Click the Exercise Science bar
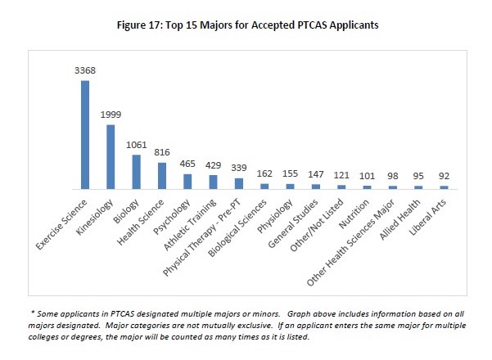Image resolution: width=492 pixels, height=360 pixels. coord(85,135)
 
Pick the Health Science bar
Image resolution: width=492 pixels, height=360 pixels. coord(162,176)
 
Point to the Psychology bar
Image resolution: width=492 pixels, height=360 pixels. coord(187,182)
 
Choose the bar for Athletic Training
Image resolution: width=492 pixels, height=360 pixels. coord(213,182)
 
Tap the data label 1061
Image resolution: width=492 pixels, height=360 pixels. coord(137,146)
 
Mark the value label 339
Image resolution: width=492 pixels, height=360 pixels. coord(238,169)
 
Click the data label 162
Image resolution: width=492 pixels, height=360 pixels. coord(264,174)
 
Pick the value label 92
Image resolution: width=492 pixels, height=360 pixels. coord(444,177)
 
